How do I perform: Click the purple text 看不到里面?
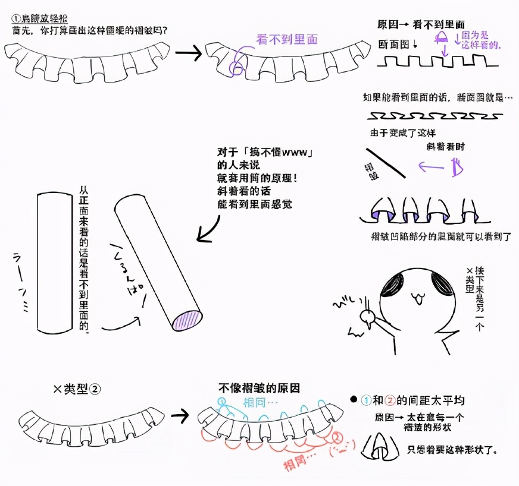286,40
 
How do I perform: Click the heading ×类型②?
77,389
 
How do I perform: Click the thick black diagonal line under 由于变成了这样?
385,162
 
